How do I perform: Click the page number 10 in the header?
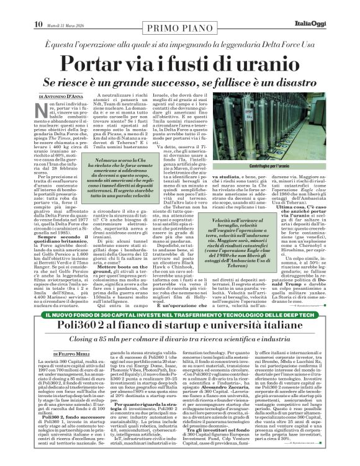[38, 7]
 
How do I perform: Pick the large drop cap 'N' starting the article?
[44, 114]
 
